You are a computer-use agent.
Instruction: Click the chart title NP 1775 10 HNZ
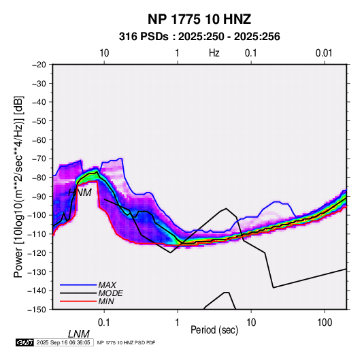click(x=199, y=19)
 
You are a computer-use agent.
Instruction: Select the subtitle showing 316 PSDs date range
click(x=199, y=37)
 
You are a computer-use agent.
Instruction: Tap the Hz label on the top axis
click(x=214, y=53)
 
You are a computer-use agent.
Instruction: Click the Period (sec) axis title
click(x=214, y=330)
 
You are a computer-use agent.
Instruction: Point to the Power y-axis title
click(x=18, y=186)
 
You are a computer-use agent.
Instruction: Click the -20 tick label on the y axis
click(x=39, y=65)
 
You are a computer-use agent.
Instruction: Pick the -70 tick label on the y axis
click(x=39, y=159)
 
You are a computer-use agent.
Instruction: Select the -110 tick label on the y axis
click(x=37, y=234)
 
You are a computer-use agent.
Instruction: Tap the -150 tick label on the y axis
click(x=37, y=310)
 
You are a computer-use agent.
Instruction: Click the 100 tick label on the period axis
click(x=325, y=323)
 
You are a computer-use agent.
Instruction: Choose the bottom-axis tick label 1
click(x=178, y=323)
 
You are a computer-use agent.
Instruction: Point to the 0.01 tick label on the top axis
click(x=324, y=53)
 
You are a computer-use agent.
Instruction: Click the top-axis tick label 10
click(x=104, y=53)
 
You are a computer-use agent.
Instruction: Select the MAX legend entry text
click(x=107, y=285)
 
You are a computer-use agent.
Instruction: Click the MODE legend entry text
click(x=110, y=293)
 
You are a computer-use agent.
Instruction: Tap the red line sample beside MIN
click(x=78, y=301)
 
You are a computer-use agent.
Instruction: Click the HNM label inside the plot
click(x=80, y=193)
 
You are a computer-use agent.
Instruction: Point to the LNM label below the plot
click(x=79, y=334)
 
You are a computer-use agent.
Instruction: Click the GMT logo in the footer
click(x=25, y=342)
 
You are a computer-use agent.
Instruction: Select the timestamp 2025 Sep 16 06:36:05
click(x=63, y=342)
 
